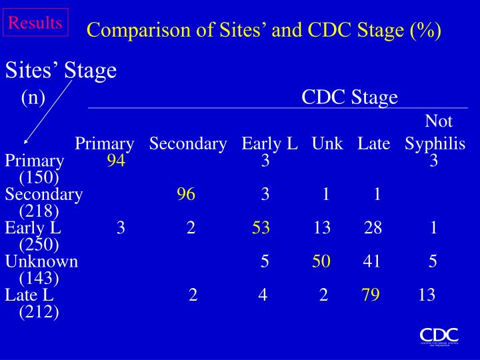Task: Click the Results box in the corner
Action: coord(36,23)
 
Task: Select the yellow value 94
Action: coord(116,161)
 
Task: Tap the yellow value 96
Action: coord(186,194)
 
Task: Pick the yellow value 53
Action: coord(261,228)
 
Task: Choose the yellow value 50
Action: coord(321,261)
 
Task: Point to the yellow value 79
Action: coord(371,295)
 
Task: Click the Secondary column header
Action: coord(189,144)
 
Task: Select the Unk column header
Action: coord(327,144)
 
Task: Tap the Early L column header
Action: coord(269,144)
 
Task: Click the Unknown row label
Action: coord(41,261)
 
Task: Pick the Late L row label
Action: coord(29,295)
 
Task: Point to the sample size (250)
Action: coord(39,245)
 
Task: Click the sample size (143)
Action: coord(39,278)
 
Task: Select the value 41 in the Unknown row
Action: coord(371,261)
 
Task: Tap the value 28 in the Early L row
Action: coord(373,228)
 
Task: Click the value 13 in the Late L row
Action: coord(427,295)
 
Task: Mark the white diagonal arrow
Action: coord(47,107)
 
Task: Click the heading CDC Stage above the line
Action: coord(349,98)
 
